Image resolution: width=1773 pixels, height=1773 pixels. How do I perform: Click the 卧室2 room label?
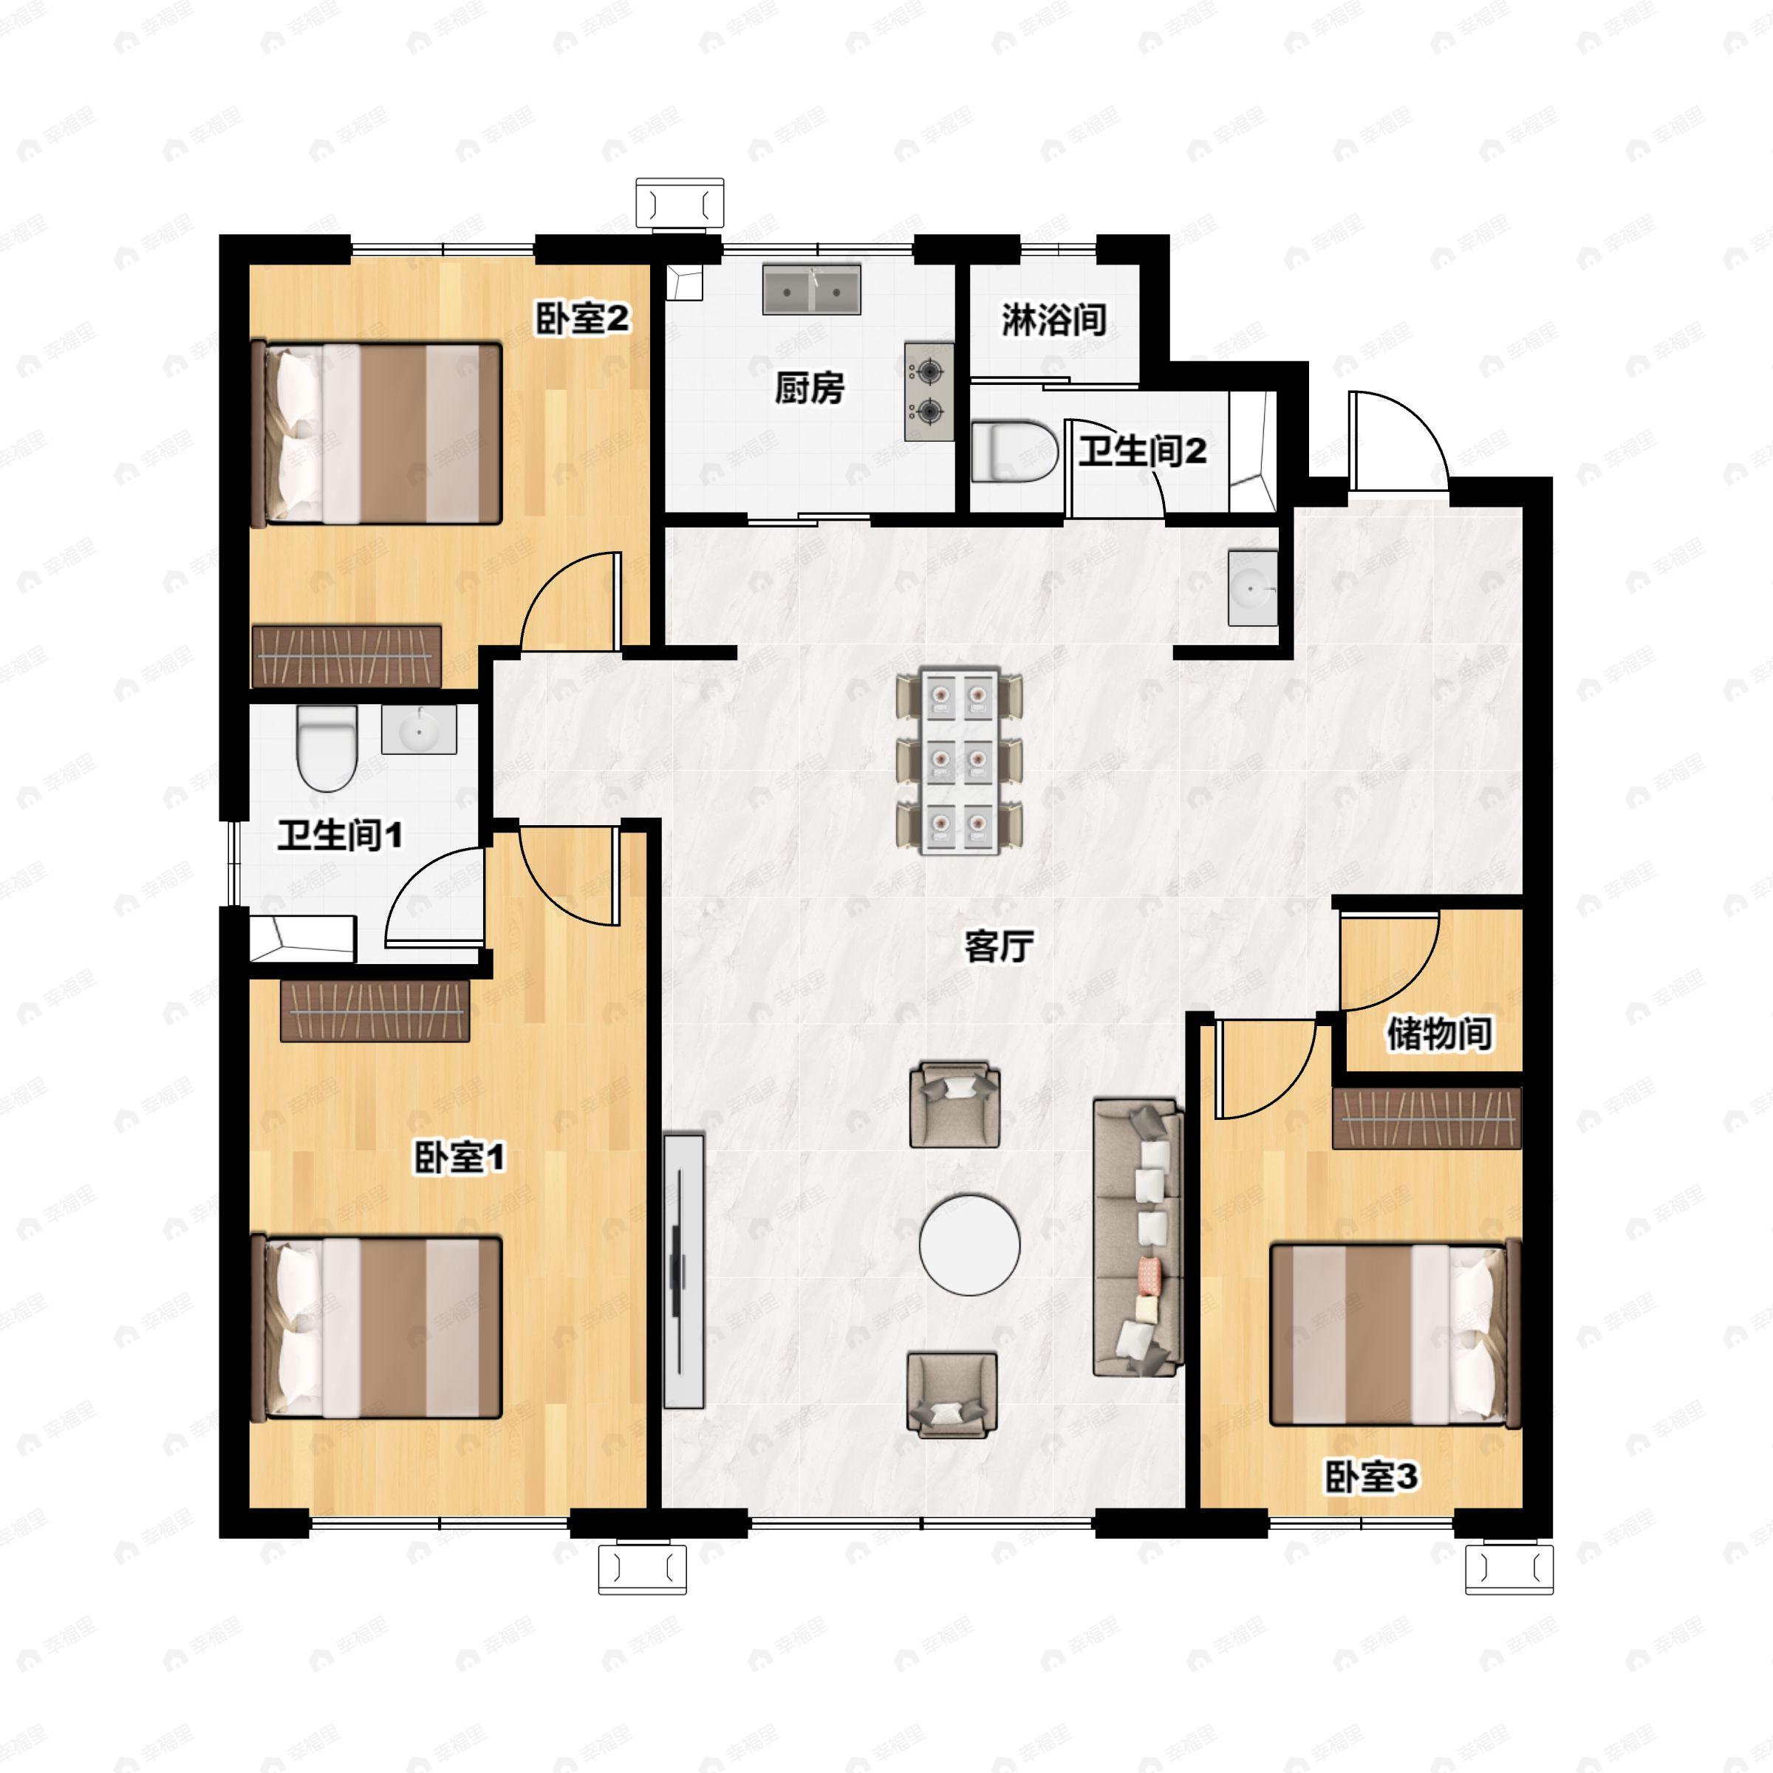pyautogui.click(x=583, y=318)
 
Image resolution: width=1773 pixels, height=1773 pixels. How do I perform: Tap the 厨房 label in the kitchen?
pyautogui.click(x=810, y=388)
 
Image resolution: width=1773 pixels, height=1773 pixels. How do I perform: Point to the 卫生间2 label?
pyautogui.click(x=1143, y=451)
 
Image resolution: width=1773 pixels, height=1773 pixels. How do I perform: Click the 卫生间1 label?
pyautogui.click(x=340, y=835)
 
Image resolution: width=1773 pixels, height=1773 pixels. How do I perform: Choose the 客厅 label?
pyautogui.click(x=1000, y=946)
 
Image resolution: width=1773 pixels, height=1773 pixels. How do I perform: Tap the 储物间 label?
pyautogui.click(x=1439, y=1034)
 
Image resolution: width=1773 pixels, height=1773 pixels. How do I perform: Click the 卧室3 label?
pyautogui.click(x=1371, y=1477)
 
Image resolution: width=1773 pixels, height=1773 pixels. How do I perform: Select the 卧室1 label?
pyautogui.click(x=460, y=1157)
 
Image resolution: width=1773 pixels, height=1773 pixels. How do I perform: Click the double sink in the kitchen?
pyautogui.click(x=812, y=290)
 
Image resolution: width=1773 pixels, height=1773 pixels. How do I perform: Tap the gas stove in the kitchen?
pyautogui.click(x=929, y=392)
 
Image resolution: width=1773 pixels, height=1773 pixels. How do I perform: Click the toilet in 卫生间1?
pyautogui.click(x=326, y=748)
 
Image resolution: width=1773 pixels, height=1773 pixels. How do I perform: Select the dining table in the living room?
pyautogui.click(x=959, y=761)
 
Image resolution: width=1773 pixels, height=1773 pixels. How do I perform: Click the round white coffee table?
pyautogui.click(x=970, y=1244)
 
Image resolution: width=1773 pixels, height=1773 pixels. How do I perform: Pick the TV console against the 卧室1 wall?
pyautogui.click(x=683, y=1271)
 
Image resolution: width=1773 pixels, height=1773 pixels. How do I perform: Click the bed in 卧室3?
pyautogui.click(x=1395, y=1333)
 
